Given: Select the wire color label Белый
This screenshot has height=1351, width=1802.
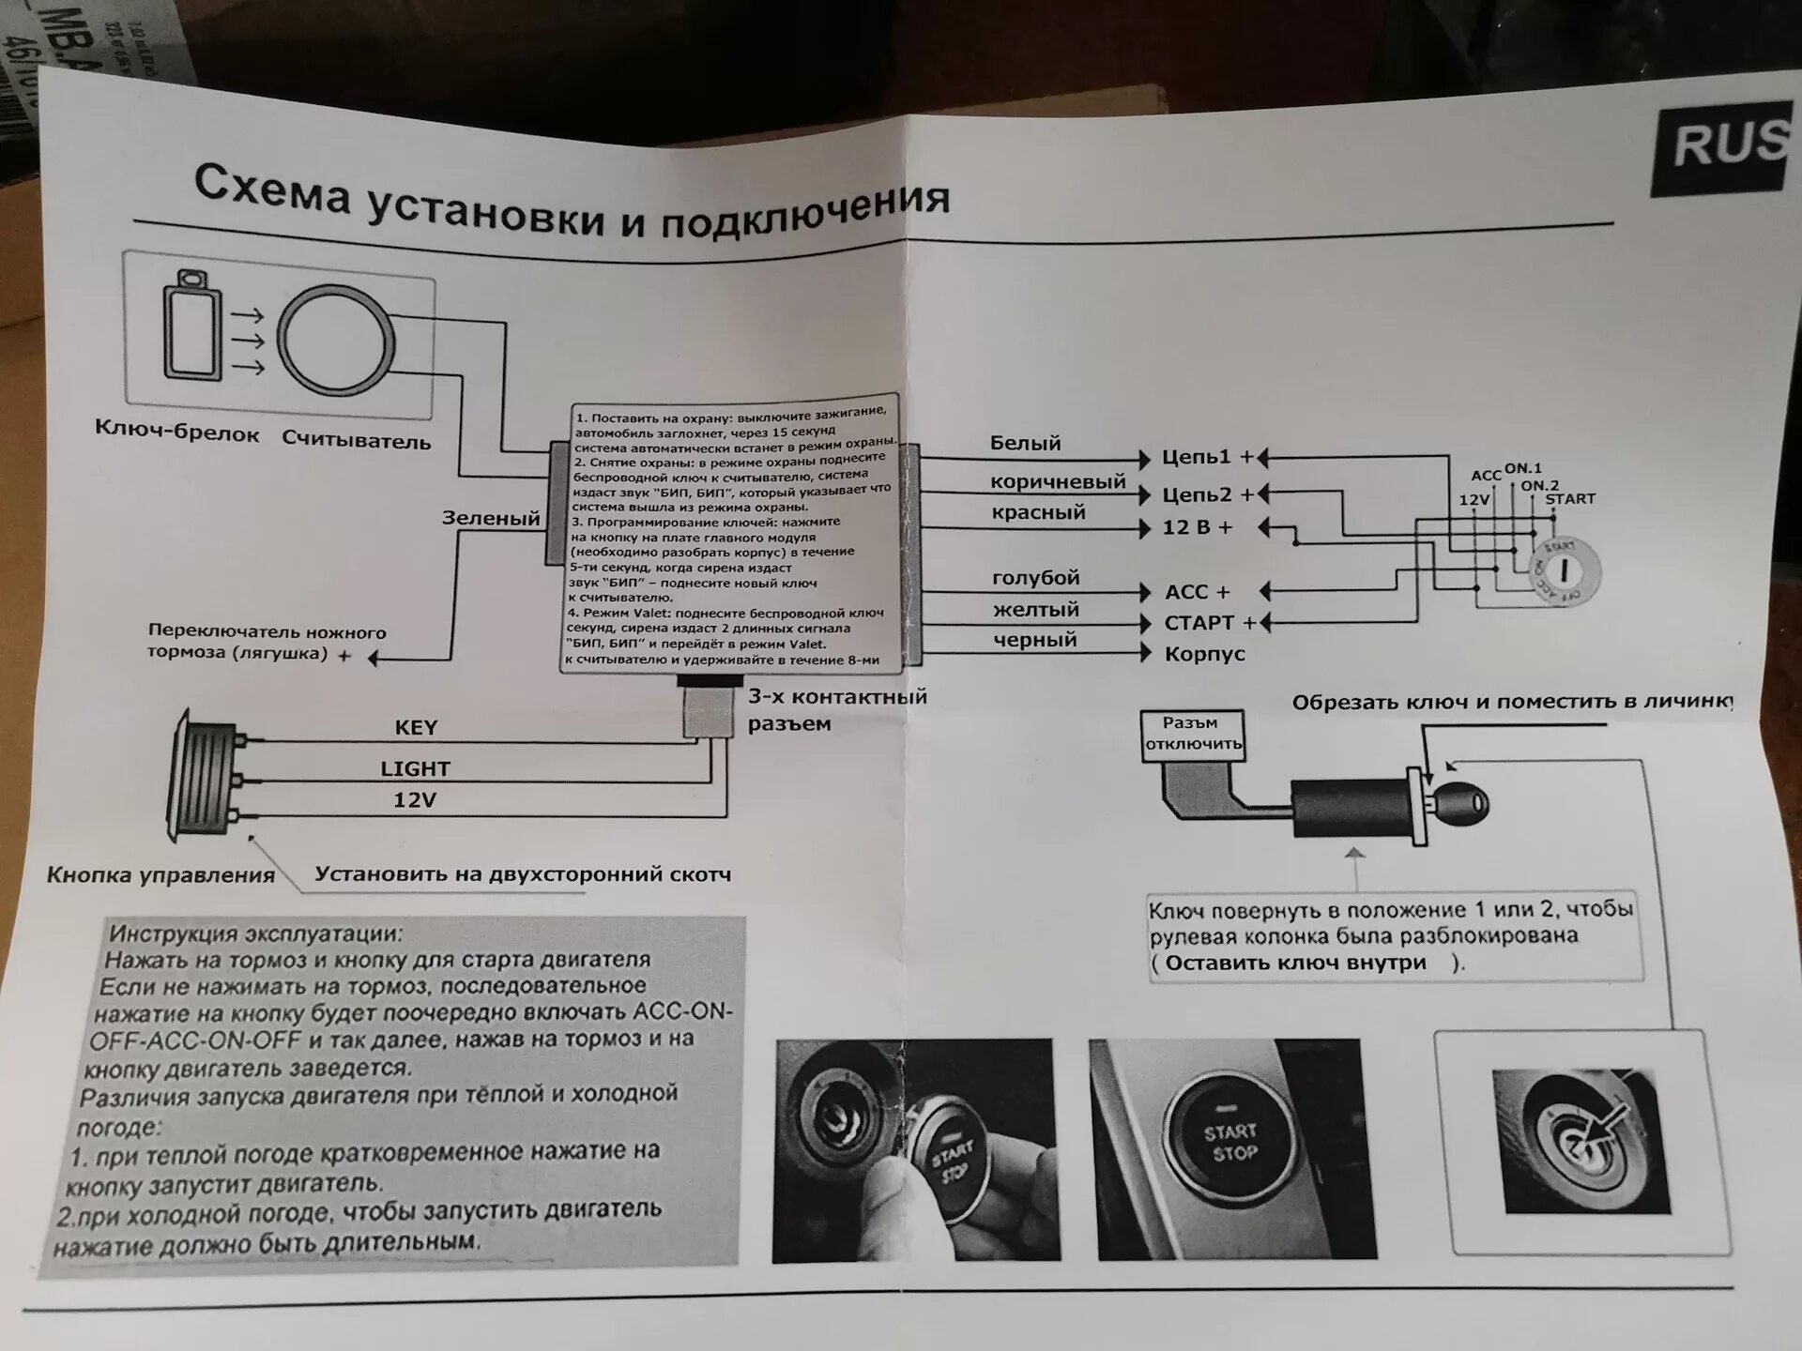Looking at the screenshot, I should pyautogui.click(x=1025, y=443).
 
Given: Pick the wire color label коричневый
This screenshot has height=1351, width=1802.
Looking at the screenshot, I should pyautogui.click(x=1058, y=481).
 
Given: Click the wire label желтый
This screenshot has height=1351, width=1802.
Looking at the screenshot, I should pyautogui.click(x=1036, y=610).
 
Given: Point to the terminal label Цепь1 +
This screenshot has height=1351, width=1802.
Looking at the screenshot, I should pyautogui.click(x=1207, y=457).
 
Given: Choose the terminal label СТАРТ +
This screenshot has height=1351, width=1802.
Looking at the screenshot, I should pyautogui.click(x=1209, y=623).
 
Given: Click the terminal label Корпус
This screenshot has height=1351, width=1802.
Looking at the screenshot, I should pyautogui.click(x=1204, y=654).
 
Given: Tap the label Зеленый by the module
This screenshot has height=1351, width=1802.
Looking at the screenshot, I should pyautogui.click(x=491, y=518).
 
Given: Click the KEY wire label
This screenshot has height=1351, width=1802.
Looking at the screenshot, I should pyautogui.click(x=416, y=728).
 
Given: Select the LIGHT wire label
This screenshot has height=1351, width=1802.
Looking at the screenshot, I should pyautogui.click(x=415, y=769).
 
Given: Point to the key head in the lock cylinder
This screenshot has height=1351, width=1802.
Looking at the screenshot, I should pyautogui.click(x=1460, y=803).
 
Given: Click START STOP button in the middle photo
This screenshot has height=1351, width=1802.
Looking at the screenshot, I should pyautogui.click(x=1230, y=1143).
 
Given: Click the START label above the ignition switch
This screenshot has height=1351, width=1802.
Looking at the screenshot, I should pyautogui.click(x=1569, y=499).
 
